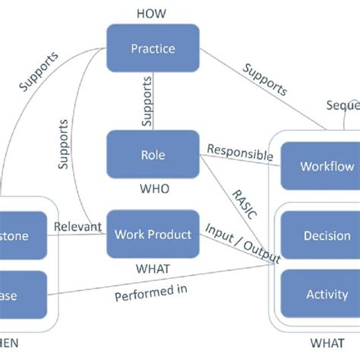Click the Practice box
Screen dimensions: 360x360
click(153, 49)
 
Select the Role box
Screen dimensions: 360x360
click(153, 155)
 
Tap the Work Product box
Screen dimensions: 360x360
click(153, 235)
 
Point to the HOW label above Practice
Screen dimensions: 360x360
click(152, 13)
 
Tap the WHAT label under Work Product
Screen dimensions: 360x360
click(152, 267)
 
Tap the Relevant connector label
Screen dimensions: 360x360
click(78, 226)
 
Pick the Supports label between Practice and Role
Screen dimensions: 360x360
click(147, 103)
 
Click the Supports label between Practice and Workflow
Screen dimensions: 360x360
click(265, 78)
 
